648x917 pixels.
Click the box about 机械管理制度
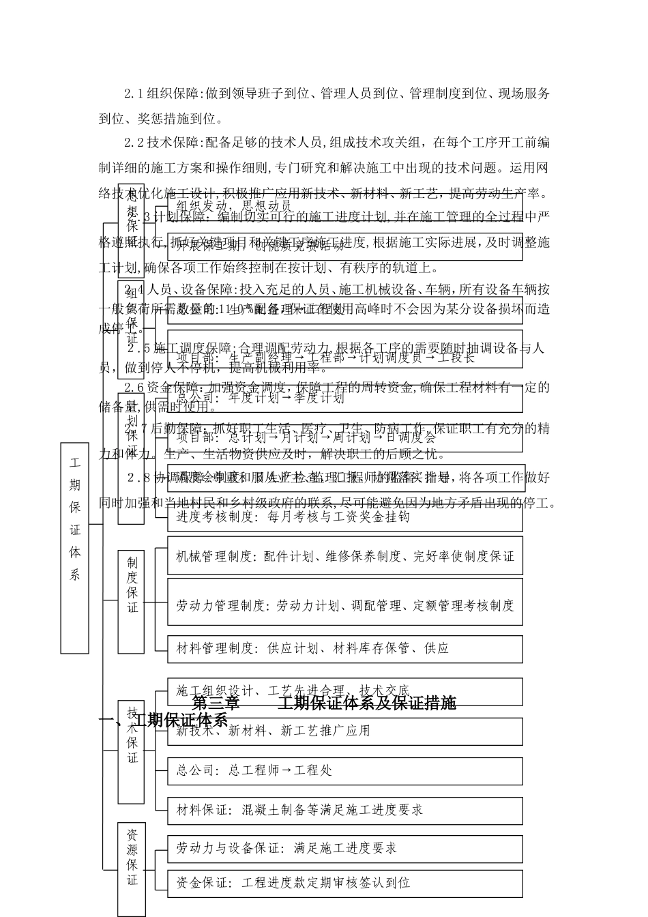click(x=345, y=557)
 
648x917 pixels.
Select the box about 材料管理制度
click(x=345, y=648)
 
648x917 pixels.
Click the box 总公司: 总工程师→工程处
click(x=345, y=770)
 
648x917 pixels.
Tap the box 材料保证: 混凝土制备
click(x=345, y=810)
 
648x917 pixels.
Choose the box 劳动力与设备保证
click(x=345, y=848)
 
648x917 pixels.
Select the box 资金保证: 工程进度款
click(x=345, y=883)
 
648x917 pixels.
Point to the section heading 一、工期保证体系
click(x=164, y=720)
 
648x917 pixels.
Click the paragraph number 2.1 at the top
click(x=134, y=93)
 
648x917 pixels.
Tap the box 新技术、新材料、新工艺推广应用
click(x=345, y=731)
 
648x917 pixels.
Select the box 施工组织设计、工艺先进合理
click(x=345, y=691)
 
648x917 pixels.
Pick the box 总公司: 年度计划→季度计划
click(x=345, y=398)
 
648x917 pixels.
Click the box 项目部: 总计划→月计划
click(x=345, y=437)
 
